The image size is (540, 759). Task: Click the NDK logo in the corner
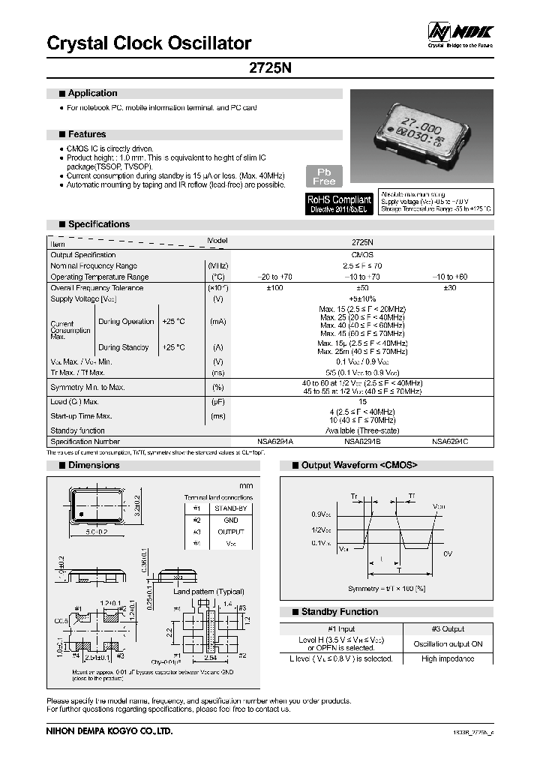point(460,32)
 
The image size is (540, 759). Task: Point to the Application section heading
point(92,94)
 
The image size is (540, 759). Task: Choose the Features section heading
point(87,135)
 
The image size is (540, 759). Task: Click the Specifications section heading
point(98,224)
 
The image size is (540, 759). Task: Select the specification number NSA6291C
point(450,442)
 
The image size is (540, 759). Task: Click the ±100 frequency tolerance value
point(275,288)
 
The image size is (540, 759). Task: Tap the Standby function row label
point(77,430)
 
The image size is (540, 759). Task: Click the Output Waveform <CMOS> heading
point(358,466)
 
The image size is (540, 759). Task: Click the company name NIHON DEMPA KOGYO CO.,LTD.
point(109,730)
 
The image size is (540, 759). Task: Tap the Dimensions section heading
point(93,466)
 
